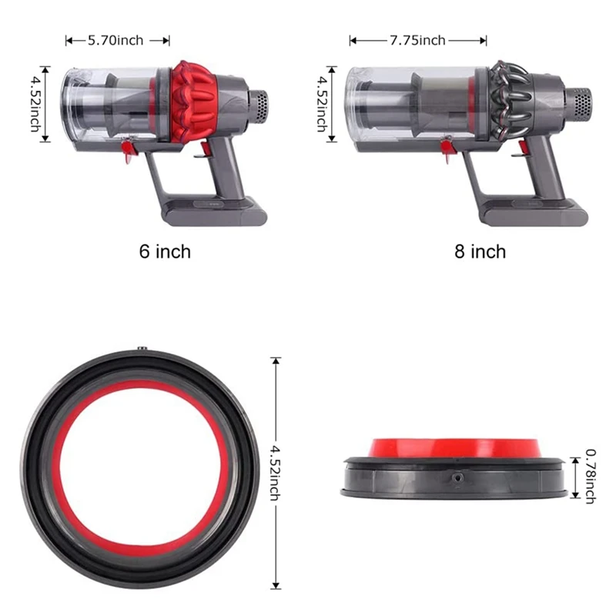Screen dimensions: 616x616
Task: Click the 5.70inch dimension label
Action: click(x=115, y=41)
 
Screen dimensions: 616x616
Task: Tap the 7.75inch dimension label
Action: click(x=417, y=41)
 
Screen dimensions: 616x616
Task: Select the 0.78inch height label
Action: click(x=590, y=476)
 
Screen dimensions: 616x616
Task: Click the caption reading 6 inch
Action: click(x=165, y=252)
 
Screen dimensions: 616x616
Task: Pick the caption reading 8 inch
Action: click(x=480, y=252)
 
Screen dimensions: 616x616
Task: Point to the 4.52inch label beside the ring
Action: click(x=275, y=473)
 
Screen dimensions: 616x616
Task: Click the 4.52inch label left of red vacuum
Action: click(x=35, y=104)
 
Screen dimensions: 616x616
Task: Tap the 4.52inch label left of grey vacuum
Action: click(x=322, y=104)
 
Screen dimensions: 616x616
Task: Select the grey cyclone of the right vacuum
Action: click(x=511, y=101)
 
